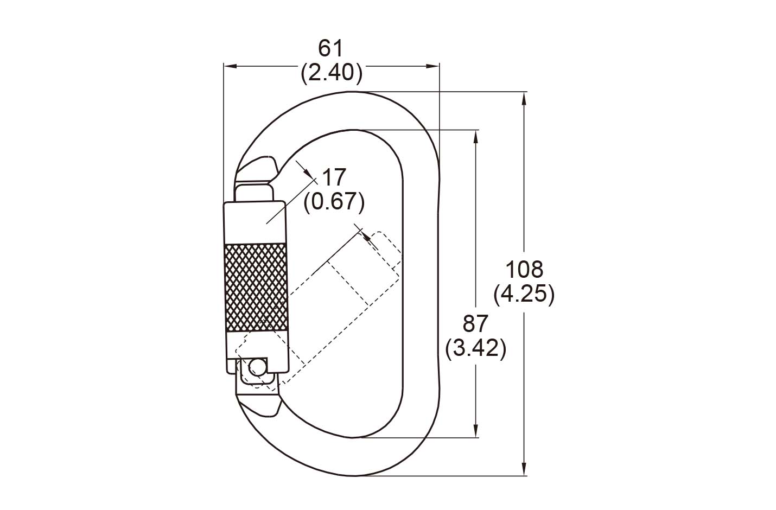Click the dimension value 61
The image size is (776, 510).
pyautogui.click(x=331, y=48)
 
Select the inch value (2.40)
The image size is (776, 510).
pyautogui.click(x=332, y=73)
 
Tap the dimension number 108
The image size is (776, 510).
pyautogui.click(x=524, y=270)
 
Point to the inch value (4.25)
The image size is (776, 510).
pyautogui.click(x=524, y=295)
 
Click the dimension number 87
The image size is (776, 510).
pyautogui.click(x=475, y=324)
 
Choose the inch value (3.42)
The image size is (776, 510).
pyautogui.click(x=476, y=348)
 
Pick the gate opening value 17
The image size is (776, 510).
pyautogui.click(x=334, y=177)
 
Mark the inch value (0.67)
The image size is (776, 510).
pyautogui.click(x=334, y=202)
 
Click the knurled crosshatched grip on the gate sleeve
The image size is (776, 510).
pyautogui.click(x=256, y=287)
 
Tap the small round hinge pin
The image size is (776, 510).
pyautogui.click(x=256, y=366)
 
